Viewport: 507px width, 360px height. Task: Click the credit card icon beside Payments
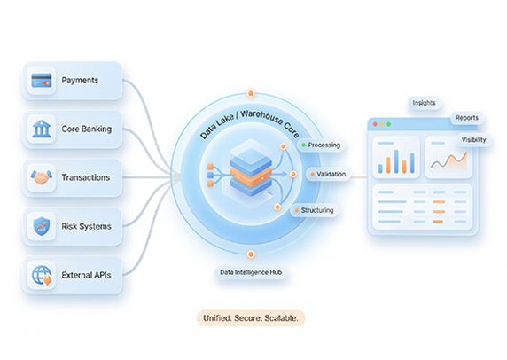42,80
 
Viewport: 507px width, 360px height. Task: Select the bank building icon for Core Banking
42,129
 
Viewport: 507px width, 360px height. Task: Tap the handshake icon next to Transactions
42,177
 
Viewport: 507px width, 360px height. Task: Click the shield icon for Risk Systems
42,226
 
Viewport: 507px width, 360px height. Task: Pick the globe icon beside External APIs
42,275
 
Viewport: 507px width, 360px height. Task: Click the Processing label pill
321,145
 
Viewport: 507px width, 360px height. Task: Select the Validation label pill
328,174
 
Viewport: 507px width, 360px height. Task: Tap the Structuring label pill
315,210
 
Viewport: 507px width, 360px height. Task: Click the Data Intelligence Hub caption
251,272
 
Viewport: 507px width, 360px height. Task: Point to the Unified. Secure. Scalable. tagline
251,318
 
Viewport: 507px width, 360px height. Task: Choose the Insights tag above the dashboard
425,103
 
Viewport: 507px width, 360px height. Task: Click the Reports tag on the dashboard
467,118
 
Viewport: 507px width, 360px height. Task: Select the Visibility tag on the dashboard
473,140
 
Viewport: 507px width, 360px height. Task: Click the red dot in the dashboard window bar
375,124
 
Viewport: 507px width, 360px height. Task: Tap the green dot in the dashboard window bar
389,124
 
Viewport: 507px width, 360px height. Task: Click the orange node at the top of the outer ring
251,93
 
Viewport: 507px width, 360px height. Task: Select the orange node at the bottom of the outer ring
251,254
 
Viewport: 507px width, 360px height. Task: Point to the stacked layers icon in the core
251,170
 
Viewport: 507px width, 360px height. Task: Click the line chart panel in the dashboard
448,157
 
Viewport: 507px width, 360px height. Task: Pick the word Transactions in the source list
86,177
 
